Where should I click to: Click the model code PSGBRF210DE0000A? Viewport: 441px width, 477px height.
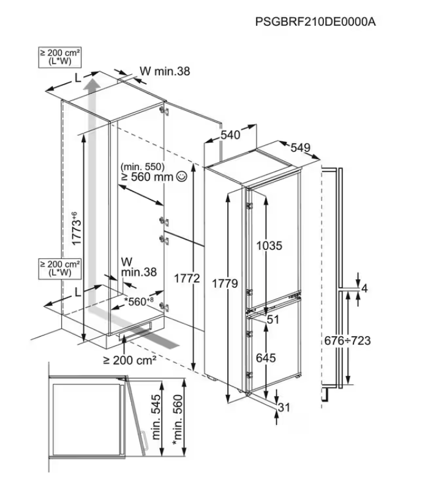pos(315,23)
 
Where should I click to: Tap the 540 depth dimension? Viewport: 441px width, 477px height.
pos(230,135)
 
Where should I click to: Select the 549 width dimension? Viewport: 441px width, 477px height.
pos(301,148)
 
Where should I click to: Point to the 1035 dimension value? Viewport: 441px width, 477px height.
pos(269,246)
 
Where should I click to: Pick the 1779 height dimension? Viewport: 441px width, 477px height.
pos(225,284)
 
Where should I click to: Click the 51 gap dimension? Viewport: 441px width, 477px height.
pos(273,319)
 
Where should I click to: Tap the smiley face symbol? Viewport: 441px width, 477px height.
pos(181,177)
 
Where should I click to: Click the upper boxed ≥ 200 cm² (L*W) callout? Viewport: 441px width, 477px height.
pos(59,58)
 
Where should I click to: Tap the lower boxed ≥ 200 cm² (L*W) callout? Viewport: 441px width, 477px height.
pos(59,268)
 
